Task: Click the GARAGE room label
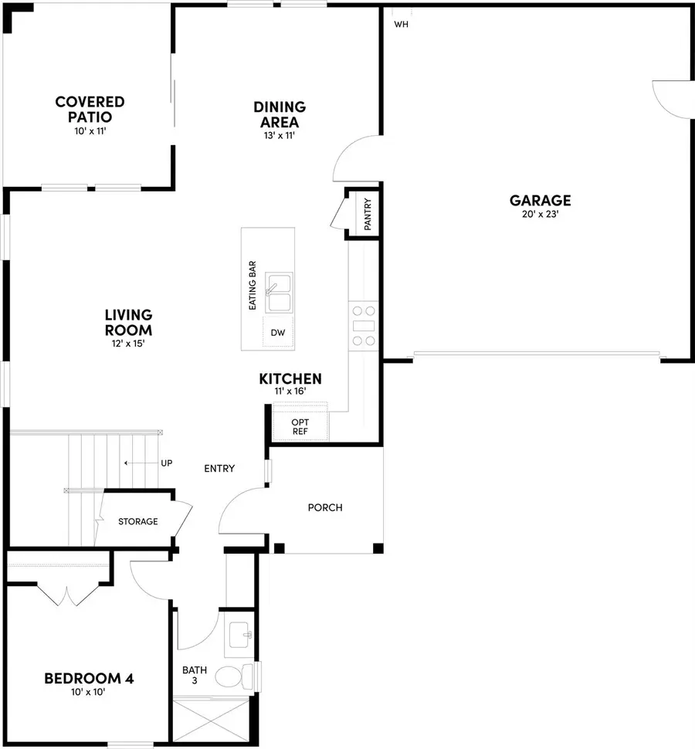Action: (x=540, y=201)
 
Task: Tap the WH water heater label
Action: (x=401, y=25)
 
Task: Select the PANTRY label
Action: (x=368, y=214)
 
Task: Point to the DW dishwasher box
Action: (x=277, y=333)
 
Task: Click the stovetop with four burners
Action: (x=364, y=324)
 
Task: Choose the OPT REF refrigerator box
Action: (x=300, y=427)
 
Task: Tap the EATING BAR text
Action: (x=253, y=285)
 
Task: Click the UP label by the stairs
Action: (x=166, y=463)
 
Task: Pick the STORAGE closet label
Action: (x=137, y=522)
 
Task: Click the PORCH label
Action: (x=324, y=507)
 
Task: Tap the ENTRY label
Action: (x=219, y=469)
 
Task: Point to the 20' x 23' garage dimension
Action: (x=540, y=215)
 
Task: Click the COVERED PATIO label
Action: (x=90, y=109)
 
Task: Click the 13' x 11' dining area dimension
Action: (x=280, y=135)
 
